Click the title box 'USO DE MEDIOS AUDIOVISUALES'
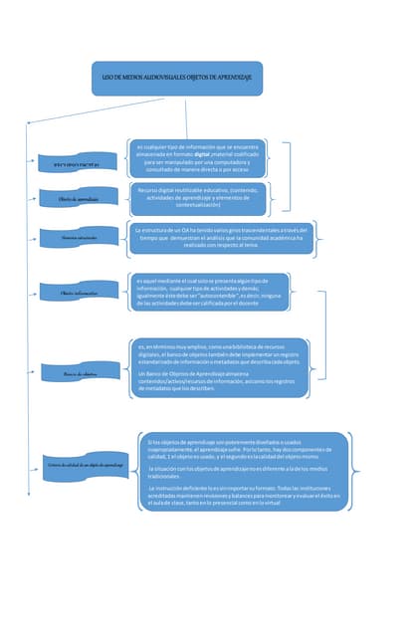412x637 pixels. (x=176, y=78)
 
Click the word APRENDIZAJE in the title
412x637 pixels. (x=243, y=78)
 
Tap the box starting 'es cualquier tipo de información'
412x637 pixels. (x=199, y=159)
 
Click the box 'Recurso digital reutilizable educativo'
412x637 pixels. (x=198, y=199)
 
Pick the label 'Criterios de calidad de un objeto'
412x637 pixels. (x=85, y=465)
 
